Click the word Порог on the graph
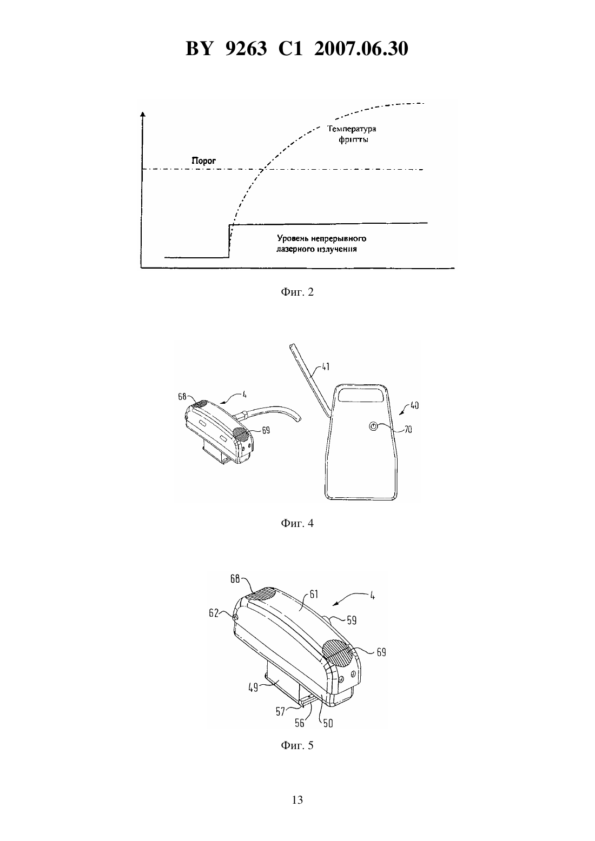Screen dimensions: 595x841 (x=203, y=161)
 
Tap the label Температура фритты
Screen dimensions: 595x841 (x=352, y=134)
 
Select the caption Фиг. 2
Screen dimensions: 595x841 (x=297, y=292)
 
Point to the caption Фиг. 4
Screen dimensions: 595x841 (x=297, y=523)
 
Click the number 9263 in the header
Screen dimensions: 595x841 (x=246, y=49)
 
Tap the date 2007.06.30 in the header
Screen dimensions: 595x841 (x=361, y=49)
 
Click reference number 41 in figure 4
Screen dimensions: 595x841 (x=325, y=366)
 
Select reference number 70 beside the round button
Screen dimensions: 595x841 (x=408, y=430)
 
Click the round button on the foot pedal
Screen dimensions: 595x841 (x=373, y=426)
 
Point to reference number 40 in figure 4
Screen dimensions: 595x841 (x=414, y=405)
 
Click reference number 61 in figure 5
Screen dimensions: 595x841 (x=314, y=594)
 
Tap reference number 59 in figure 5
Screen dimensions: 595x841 (x=352, y=620)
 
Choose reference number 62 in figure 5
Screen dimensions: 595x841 (x=214, y=613)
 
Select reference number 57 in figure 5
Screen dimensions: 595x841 (x=280, y=711)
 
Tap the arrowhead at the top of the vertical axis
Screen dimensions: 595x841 (x=142, y=114)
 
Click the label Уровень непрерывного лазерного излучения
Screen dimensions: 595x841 (x=321, y=244)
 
